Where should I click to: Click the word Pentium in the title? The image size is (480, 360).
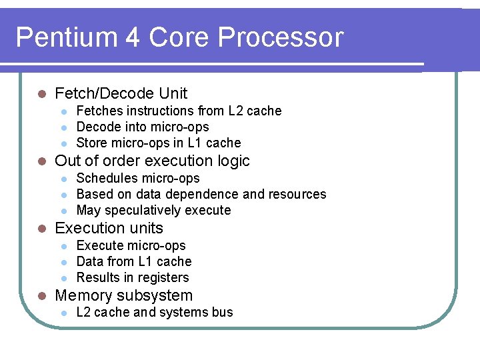[59, 38]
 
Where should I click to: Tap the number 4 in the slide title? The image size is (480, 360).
[131, 38]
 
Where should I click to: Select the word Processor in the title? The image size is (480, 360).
[280, 38]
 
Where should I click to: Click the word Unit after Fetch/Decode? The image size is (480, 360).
[173, 94]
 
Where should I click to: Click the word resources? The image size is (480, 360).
[297, 194]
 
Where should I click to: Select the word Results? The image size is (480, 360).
[97, 277]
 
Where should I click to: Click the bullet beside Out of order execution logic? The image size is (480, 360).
[41, 161]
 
